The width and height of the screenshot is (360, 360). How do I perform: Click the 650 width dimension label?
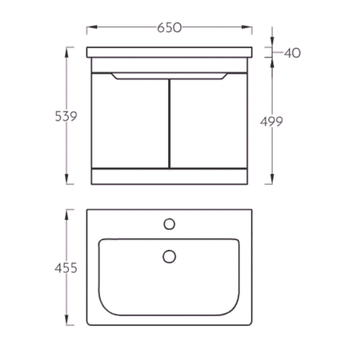pos(170,27)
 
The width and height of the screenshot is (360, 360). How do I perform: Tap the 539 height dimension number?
pos(66,116)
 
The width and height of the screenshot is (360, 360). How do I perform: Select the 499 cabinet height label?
pos(271,121)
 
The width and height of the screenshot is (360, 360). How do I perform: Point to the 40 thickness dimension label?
pos(292,53)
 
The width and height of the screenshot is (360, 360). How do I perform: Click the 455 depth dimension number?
pos(66,268)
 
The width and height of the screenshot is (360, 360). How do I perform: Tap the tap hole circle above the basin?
pos(170,224)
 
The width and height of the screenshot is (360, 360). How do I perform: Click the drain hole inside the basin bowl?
pos(170,256)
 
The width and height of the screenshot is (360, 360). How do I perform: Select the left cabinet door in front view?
pos(130,121)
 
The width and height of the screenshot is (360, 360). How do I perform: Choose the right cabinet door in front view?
pos(209,121)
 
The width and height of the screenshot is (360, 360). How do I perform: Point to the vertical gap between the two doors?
pos(170,123)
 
